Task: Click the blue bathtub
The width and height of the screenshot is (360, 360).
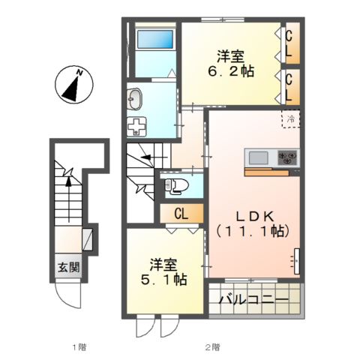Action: coord(155,39)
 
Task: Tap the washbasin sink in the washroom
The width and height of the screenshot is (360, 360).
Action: coord(134,99)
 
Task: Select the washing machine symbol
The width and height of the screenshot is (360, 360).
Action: coord(136,127)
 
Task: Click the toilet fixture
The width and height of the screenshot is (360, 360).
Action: coord(176,186)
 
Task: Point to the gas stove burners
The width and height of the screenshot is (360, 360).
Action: coord(288,158)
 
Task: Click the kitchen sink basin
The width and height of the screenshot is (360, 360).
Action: coord(259,158)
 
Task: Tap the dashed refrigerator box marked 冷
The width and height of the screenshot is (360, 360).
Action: coord(291,119)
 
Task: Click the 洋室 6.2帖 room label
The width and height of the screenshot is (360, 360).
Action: coord(231,64)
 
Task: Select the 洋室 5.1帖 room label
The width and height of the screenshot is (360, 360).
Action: coord(163,272)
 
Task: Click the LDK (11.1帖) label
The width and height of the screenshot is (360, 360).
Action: coord(253,223)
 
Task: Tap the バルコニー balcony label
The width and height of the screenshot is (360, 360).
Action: coord(253,299)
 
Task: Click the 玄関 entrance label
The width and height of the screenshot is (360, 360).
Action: coord(69,268)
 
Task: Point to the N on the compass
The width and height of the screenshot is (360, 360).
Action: coord(79,73)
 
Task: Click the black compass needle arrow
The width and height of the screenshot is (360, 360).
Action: coord(71,89)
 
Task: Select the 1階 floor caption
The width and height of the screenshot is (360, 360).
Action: coord(79,347)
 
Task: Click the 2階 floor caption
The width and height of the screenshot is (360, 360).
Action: coord(213,347)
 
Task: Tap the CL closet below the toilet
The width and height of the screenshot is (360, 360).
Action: coord(181,214)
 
